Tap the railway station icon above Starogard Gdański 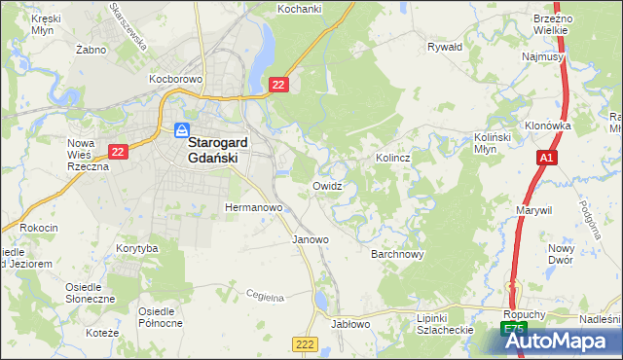click(x=182, y=129)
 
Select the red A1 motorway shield click(x=546, y=158)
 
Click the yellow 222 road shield click(x=305, y=343)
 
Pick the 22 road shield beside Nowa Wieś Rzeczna click(x=119, y=152)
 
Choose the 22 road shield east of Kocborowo click(x=279, y=87)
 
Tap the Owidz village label click(x=327, y=185)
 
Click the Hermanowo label click(x=253, y=208)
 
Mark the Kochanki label click(x=299, y=9)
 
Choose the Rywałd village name click(x=445, y=46)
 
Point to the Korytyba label click(x=136, y=249)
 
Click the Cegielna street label click(x=264, y=295)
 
